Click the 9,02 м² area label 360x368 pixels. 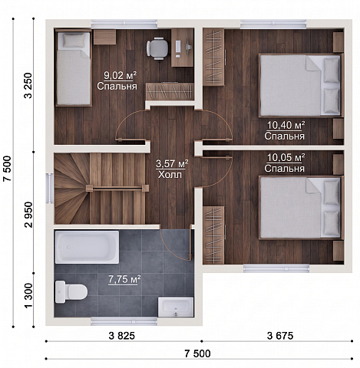pos(120,75)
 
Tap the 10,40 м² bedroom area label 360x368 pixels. pos(286,125)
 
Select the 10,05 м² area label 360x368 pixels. pos(286,157)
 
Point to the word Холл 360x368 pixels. pos(170,175)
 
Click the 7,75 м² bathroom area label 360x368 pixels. pos(124,279)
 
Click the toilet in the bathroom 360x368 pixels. pos(71,291)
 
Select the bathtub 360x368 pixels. pos(87,247)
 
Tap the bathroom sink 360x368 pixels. pos(176,307)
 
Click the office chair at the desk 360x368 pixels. pos(157,48)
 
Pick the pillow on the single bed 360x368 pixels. pos(74,41)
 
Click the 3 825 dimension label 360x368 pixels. pos(122,336)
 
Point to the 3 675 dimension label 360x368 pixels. pos(280,336)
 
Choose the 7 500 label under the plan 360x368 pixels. pos(197,353)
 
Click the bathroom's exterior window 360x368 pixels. pos(124,321)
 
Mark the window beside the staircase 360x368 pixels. pos(50,189)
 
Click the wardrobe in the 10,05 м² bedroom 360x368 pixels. pos(213,235)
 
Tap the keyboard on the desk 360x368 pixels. pos(178,49)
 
